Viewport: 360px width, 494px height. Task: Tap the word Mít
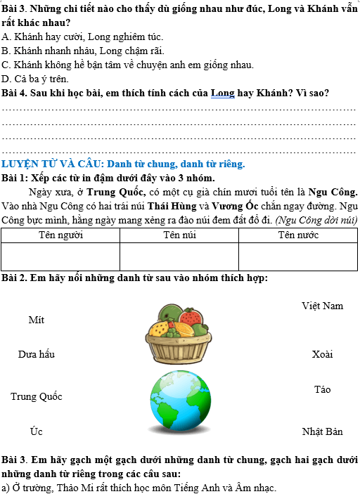(36, 320)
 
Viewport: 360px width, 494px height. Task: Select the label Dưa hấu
(36, 354)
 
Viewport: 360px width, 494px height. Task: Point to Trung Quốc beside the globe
(36, 396)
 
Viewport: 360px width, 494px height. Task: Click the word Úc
(36, 430)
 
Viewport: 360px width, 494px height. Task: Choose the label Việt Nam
(322, 306)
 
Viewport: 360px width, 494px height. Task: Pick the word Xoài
(322, 354)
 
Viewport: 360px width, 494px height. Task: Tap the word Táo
(322, 389)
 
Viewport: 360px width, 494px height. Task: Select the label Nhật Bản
(322, 431)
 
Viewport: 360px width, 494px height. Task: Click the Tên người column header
(60, 235)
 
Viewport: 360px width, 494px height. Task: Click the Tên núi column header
(179, 235)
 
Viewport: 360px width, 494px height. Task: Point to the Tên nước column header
(298, 235)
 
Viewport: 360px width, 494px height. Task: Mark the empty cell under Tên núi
(179, 256)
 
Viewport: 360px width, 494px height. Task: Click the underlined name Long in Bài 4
(223, 93)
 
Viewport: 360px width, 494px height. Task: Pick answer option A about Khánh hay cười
(83, 36)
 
